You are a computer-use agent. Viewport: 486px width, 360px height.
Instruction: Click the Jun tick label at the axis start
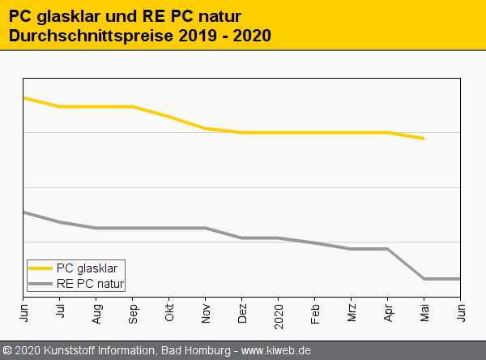tap(23, 311)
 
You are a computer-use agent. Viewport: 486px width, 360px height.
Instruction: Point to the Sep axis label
tap(133, 311)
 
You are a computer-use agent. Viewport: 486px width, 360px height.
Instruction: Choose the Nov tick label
tap(206, 311)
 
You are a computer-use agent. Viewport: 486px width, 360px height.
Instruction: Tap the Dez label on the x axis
tap(242, 311)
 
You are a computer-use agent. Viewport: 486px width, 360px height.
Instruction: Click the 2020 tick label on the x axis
tap(279, 313)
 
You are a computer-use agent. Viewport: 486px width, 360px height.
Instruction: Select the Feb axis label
tap(315, 311)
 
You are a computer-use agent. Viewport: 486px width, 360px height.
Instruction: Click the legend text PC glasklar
tap(87, 268)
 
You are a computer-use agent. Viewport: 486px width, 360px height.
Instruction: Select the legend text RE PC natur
tap(90, 283)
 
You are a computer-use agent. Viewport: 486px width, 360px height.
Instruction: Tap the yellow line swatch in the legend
tap(40, 268)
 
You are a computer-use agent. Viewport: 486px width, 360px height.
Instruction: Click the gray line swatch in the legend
tap(40, 283)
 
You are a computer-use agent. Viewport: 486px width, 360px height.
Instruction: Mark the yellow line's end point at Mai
tap(424, 139)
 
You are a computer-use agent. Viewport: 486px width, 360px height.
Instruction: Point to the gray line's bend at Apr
tap(388, 249)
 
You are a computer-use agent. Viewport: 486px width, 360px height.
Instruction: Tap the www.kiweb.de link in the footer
tap(276, 350)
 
